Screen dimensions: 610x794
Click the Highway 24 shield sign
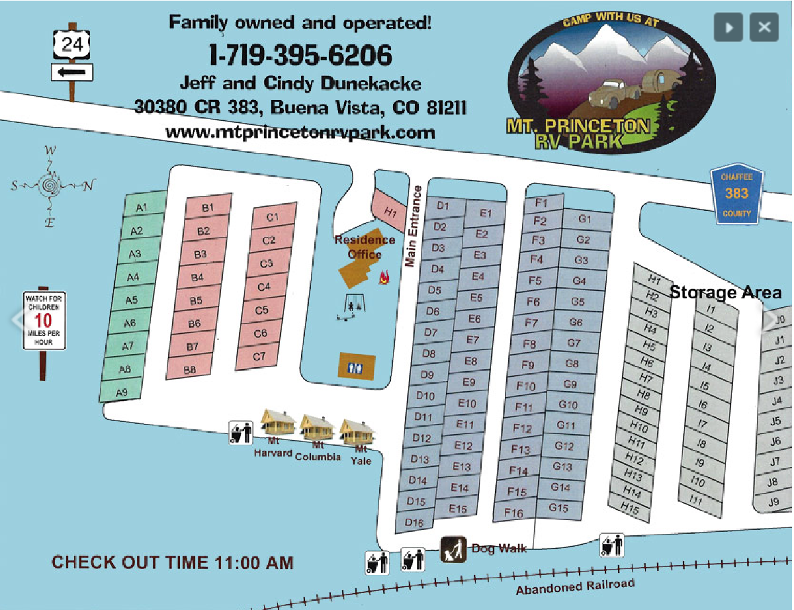point(71,45)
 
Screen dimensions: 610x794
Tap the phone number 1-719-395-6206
point(300,55)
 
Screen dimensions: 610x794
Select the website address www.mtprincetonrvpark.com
point(300,132)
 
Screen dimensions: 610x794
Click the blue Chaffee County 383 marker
point(736,194)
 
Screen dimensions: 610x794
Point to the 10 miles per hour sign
point(44,321)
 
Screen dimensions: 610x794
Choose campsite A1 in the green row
point(142,208)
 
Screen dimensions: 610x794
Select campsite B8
point(190,369)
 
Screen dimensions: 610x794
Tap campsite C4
point(264,287)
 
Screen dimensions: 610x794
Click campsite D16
point(414,523)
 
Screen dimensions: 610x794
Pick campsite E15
point(457,509)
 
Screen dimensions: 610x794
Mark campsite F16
point(513,513)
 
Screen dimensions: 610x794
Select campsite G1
point(585,220)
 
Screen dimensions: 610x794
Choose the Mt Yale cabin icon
point(357,431)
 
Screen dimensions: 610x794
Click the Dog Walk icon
point(455,548)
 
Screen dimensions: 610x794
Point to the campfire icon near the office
point(383,279)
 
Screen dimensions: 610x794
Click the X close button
point(764,28)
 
